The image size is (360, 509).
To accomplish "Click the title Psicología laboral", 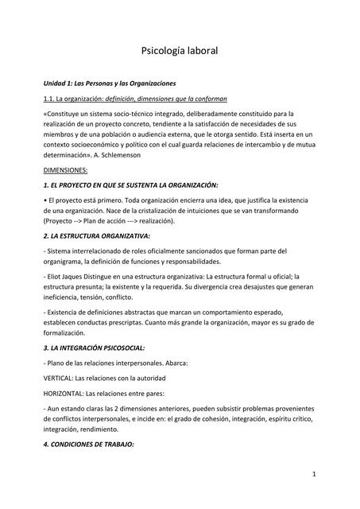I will (179, 51).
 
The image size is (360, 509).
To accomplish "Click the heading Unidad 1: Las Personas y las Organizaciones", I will (109, 83).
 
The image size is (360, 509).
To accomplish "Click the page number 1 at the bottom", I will (315, 475).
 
